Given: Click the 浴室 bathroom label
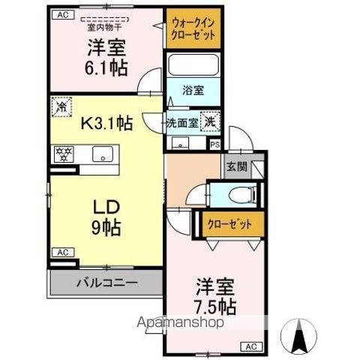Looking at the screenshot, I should click(193, 91).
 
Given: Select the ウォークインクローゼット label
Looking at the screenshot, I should click(193, 28).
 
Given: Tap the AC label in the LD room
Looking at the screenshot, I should click(62, 252).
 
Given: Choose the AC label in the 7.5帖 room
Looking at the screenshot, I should click(252, 346).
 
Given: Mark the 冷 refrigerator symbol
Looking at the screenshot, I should click(60, 108).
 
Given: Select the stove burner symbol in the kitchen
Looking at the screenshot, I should click(61, 155).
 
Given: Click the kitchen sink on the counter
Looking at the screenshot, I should click(100, 155).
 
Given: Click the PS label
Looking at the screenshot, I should click(215, 145).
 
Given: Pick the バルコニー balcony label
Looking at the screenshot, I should click(106, 283).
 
